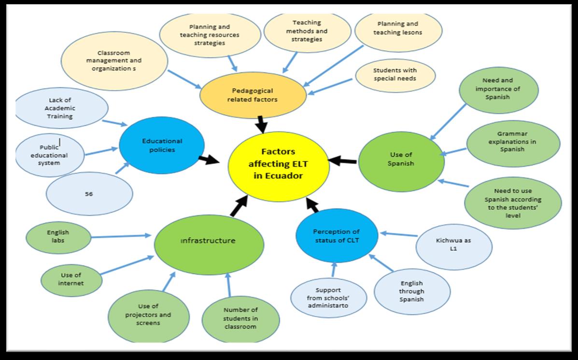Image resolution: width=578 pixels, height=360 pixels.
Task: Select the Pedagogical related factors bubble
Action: (253, 95)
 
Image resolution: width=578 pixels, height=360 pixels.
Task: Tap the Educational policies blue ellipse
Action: (161, 145)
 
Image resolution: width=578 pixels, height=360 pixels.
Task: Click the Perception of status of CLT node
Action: (336, 236)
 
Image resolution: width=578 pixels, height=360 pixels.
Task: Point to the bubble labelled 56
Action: (89, 194)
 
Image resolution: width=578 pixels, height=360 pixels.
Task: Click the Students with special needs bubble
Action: (395, 74)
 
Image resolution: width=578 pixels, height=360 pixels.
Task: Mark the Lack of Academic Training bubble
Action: (62, 108)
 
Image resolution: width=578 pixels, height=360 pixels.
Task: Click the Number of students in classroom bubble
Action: (240, 318)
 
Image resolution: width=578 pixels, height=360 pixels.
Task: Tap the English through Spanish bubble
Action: (411, 291)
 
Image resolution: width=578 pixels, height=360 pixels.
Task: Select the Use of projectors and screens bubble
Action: (148, 314)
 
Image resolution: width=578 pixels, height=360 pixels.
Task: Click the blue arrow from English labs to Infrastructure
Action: (121, 236)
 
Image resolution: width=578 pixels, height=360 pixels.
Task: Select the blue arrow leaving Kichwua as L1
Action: (398, 235)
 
